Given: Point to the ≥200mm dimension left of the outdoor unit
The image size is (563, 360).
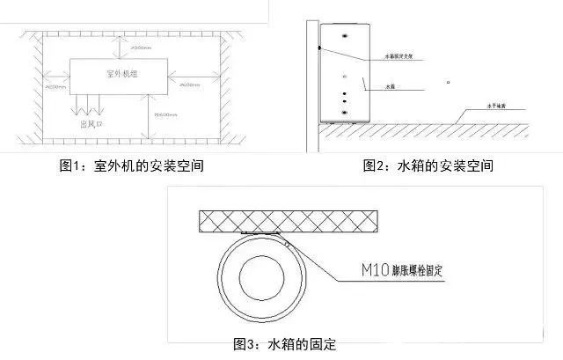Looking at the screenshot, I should point(55,88).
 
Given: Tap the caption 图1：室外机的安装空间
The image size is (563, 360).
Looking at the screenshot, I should point(131,165).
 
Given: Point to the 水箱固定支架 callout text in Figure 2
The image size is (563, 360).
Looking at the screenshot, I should point(400,56).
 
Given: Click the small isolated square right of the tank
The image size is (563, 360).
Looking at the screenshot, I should point(448,83).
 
